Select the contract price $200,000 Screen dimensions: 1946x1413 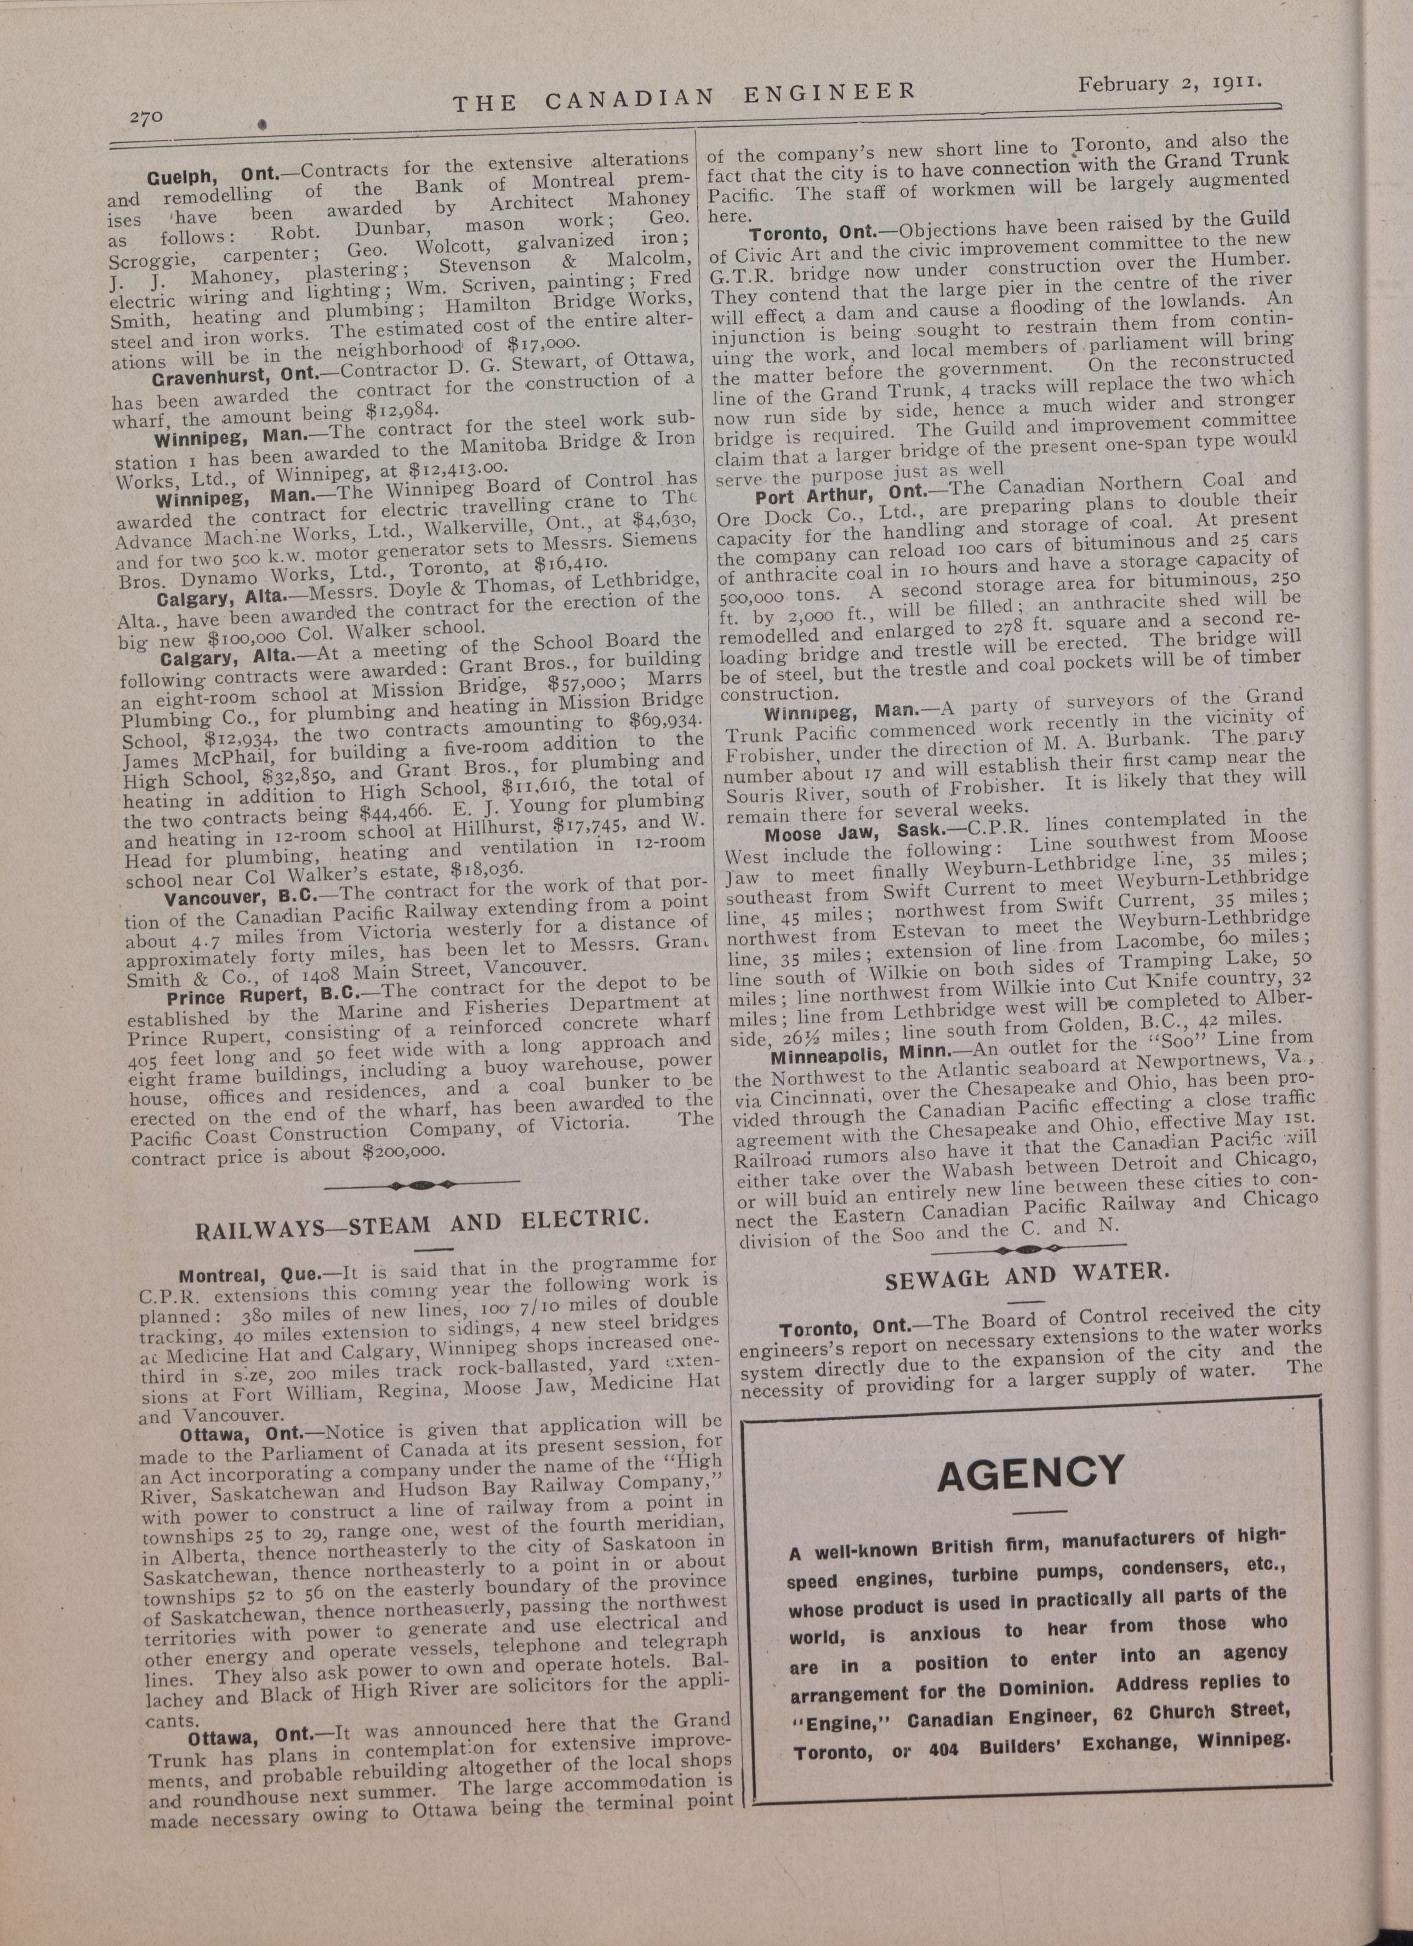(x=403, y=1152)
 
